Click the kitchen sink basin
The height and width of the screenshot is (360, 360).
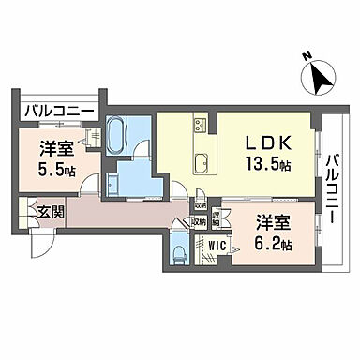(200, 165)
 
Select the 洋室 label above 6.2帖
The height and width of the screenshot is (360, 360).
(273, 224)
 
